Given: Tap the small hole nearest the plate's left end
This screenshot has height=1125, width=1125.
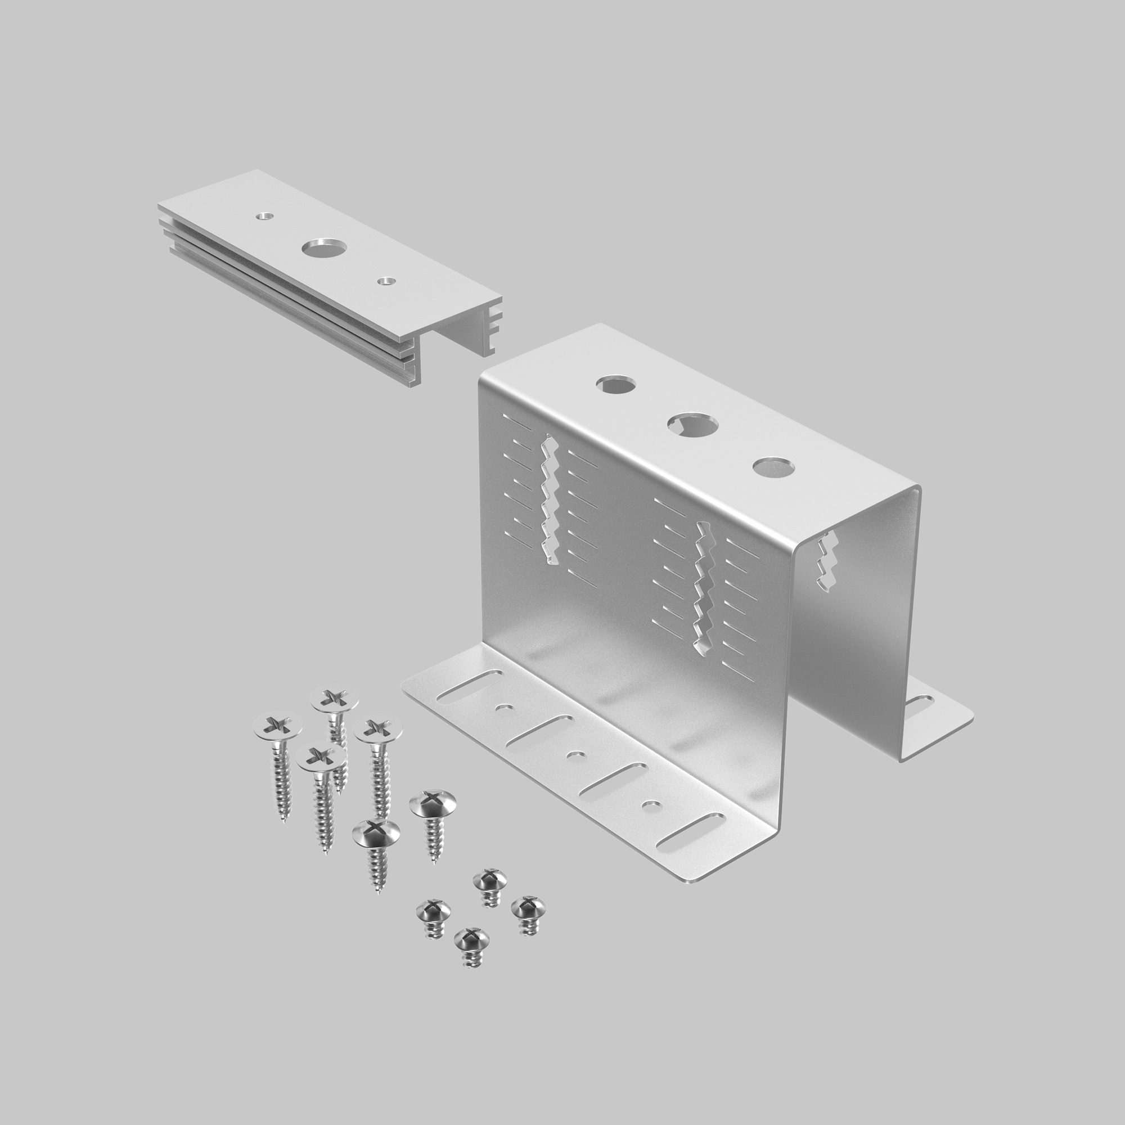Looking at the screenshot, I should coord(265,216).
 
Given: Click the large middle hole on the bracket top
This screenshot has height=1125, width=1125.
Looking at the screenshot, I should coord(692,426).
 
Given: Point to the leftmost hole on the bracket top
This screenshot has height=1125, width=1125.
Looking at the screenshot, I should coord(616,384).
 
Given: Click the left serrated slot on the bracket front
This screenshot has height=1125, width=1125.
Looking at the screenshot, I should coord(549,501).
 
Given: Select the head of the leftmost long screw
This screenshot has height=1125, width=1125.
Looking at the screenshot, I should coord(278,727).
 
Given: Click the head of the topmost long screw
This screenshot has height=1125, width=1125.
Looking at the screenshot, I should coord(334,698).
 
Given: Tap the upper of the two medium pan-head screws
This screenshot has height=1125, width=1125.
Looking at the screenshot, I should coord(433,805).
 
